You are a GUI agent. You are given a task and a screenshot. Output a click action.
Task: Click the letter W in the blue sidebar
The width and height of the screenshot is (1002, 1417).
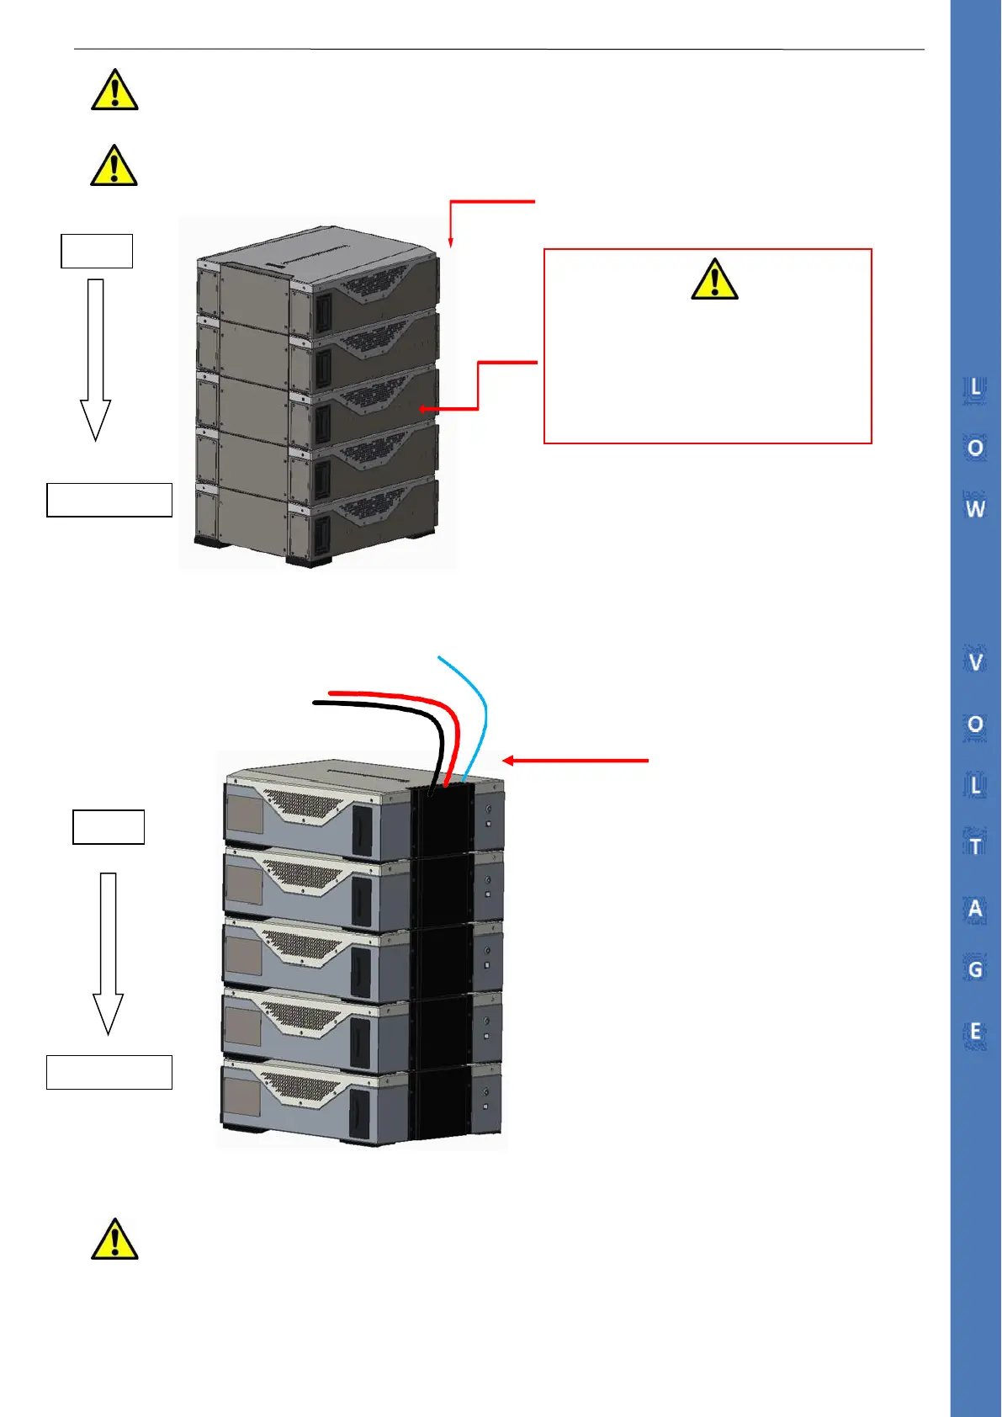(975, 509)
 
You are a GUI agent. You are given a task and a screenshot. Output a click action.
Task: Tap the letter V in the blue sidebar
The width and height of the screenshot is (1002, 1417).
(975, 662)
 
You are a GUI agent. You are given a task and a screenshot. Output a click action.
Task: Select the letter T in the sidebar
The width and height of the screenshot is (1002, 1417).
(975, 846)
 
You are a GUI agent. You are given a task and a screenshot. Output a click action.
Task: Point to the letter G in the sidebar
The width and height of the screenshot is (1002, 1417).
(975, 969)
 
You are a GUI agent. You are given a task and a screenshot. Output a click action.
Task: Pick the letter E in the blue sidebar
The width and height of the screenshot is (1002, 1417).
(975, 1032)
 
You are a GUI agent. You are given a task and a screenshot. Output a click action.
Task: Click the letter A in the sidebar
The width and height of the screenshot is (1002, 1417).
(975, 909)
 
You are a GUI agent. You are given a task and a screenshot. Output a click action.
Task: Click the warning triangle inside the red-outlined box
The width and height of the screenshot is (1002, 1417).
(714, 279)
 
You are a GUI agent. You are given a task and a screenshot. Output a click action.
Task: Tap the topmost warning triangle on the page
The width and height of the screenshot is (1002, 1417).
(114, 90)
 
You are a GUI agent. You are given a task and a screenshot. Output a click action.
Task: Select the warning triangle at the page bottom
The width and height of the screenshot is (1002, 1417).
(114, 1239)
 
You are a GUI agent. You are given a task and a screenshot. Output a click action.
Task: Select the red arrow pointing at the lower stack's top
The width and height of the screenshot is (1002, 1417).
(575, 761)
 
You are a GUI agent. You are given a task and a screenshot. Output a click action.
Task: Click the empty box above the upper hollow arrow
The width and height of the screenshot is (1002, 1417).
(97, 251)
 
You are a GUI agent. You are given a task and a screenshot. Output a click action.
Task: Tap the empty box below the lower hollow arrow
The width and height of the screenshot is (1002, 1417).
(109, 1072)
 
